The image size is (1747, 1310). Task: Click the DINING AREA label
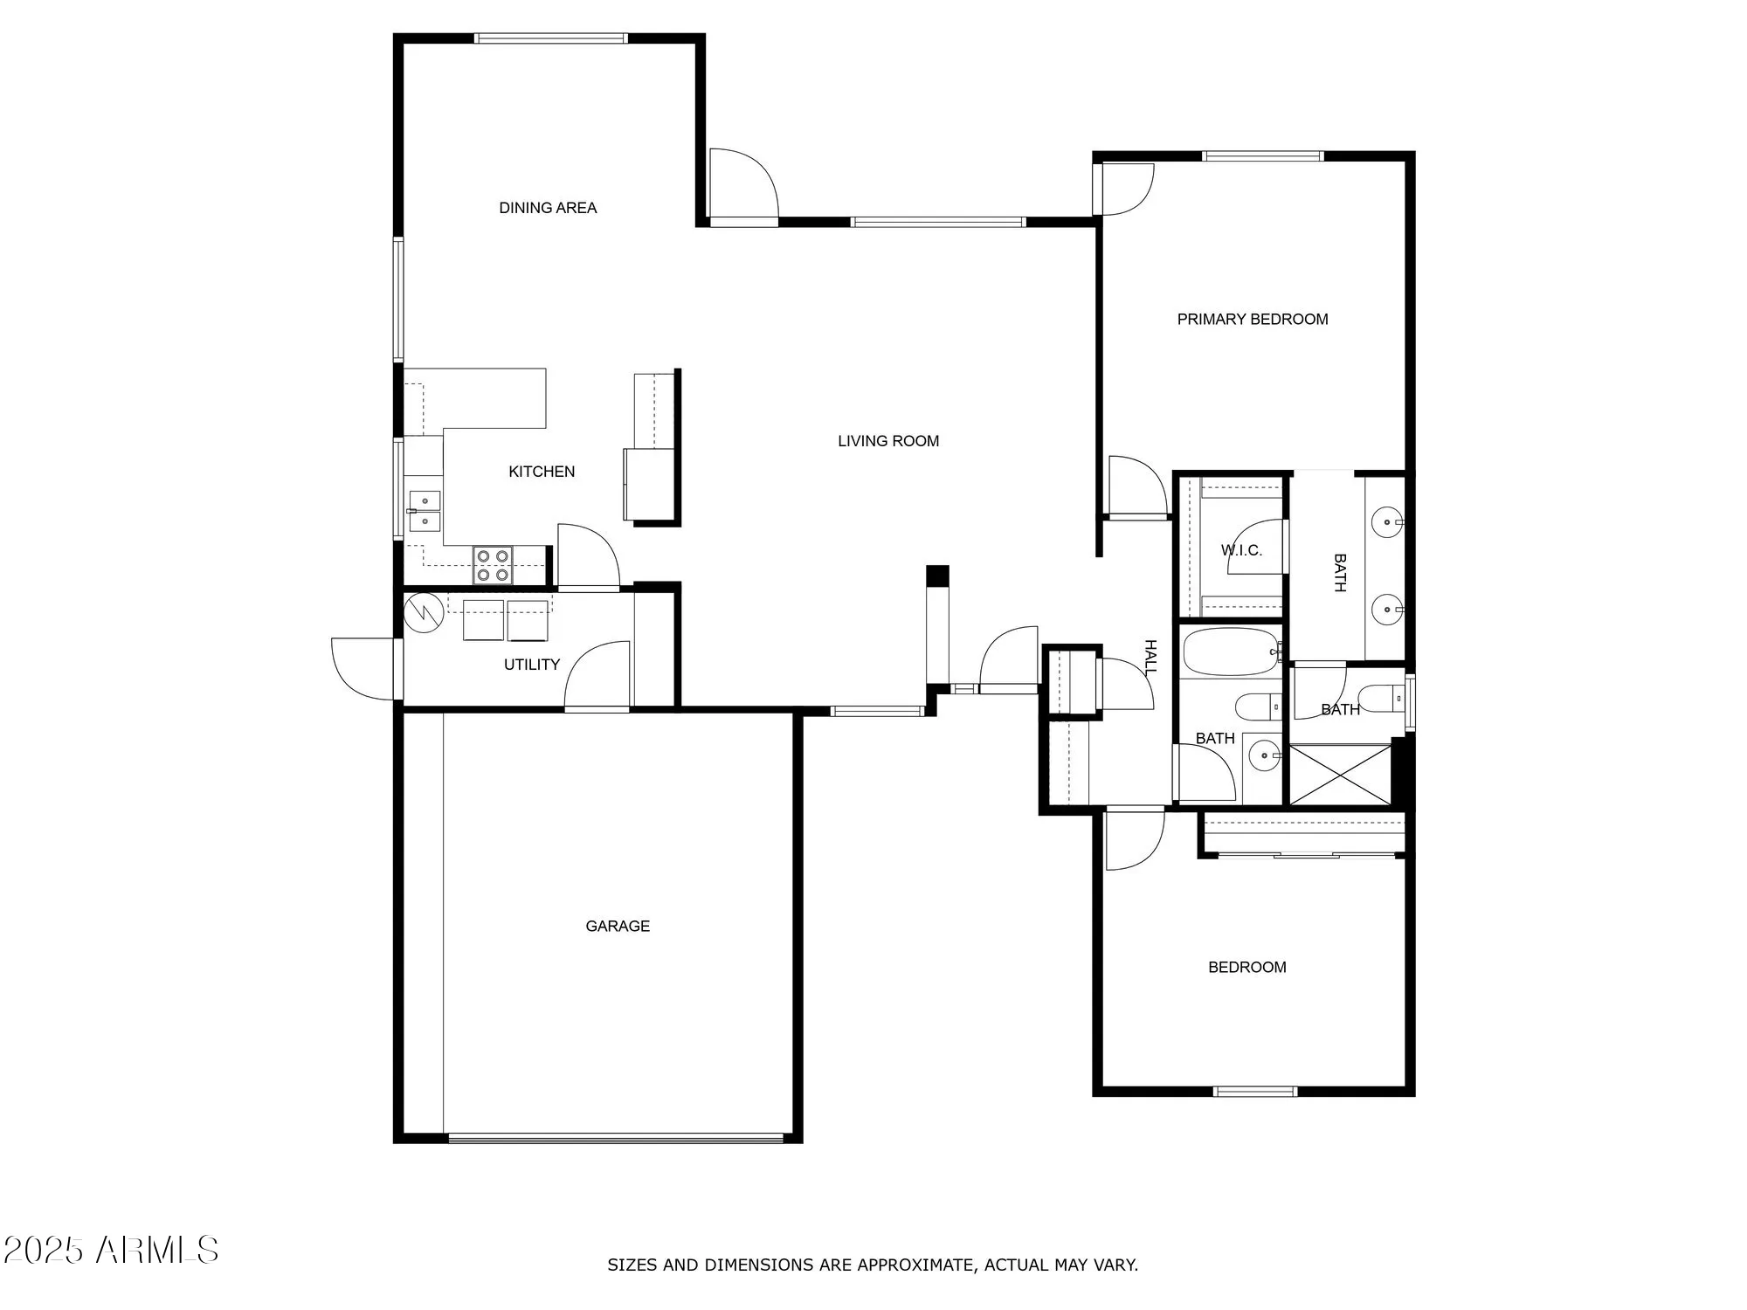pyautogui.click(x=548, y=208)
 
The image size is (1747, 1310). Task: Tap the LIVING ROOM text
pyautogui.click(x=888, y=441)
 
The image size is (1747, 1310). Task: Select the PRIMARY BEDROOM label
pyautogui.click(x=1252, y=320)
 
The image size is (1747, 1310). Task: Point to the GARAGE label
pyautogui.click(x=618, y=926)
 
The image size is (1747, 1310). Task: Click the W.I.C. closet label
pyautogui.click(x=1241, y=550)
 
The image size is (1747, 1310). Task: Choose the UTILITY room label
pyautogui.click(x=531, y=665)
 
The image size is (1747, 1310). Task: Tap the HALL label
pyautogui.click(x=1150, y=657)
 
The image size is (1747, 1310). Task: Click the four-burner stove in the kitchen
pyautogui.click(x=493, y=564)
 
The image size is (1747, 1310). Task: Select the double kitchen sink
pyautogui.click(x=425, y=511)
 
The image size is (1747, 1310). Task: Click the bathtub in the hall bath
pyautogui.click(x=1231, y=652)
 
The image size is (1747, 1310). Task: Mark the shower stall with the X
pyautogui.click(x=1340, y=774)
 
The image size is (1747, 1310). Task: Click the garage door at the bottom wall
pyautogui.click(x=616, y=1138)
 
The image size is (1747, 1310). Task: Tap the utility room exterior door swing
pyautogui.click(x=363, y=669)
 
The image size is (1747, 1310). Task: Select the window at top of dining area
pyautogui.click(x=550, y=38)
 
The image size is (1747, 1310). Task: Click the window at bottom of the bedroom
pyautogui.click(x=1255, y=1091)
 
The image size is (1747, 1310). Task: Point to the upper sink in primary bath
pyautogui.click(x=1386, y=523)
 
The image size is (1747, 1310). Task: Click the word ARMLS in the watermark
pyautogui.click(x=157, y=1251)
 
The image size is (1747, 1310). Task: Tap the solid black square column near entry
pyautogui.click(x=936, y=576)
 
